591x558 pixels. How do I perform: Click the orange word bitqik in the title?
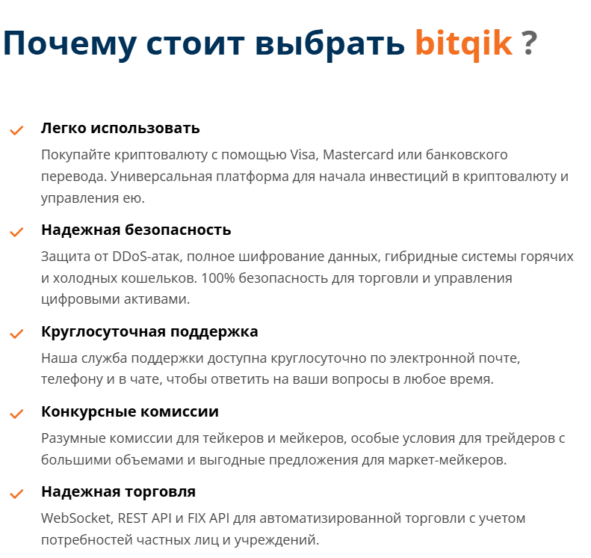coord(463,44)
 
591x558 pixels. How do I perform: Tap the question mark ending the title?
coord(529,44)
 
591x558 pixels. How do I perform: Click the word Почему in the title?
coord(69,44)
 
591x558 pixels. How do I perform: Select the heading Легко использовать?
coord(120,128)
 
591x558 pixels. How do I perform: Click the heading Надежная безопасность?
coord(136,230)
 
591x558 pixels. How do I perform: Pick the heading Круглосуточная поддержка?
coord(149,331)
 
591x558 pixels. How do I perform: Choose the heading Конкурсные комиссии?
coord(130,412)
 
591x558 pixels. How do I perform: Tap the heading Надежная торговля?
coord(118,492)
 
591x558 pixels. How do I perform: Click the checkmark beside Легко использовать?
coord(16,131)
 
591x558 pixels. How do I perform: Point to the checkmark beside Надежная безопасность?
coord(16,233)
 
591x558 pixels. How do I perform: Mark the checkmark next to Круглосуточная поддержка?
coord(16,334)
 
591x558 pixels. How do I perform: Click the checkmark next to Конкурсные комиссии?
coord(16,414)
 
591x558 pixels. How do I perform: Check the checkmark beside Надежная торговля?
coord(16,494)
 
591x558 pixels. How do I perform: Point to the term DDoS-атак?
coord(143,257)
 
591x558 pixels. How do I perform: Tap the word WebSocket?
coord(75,518)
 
